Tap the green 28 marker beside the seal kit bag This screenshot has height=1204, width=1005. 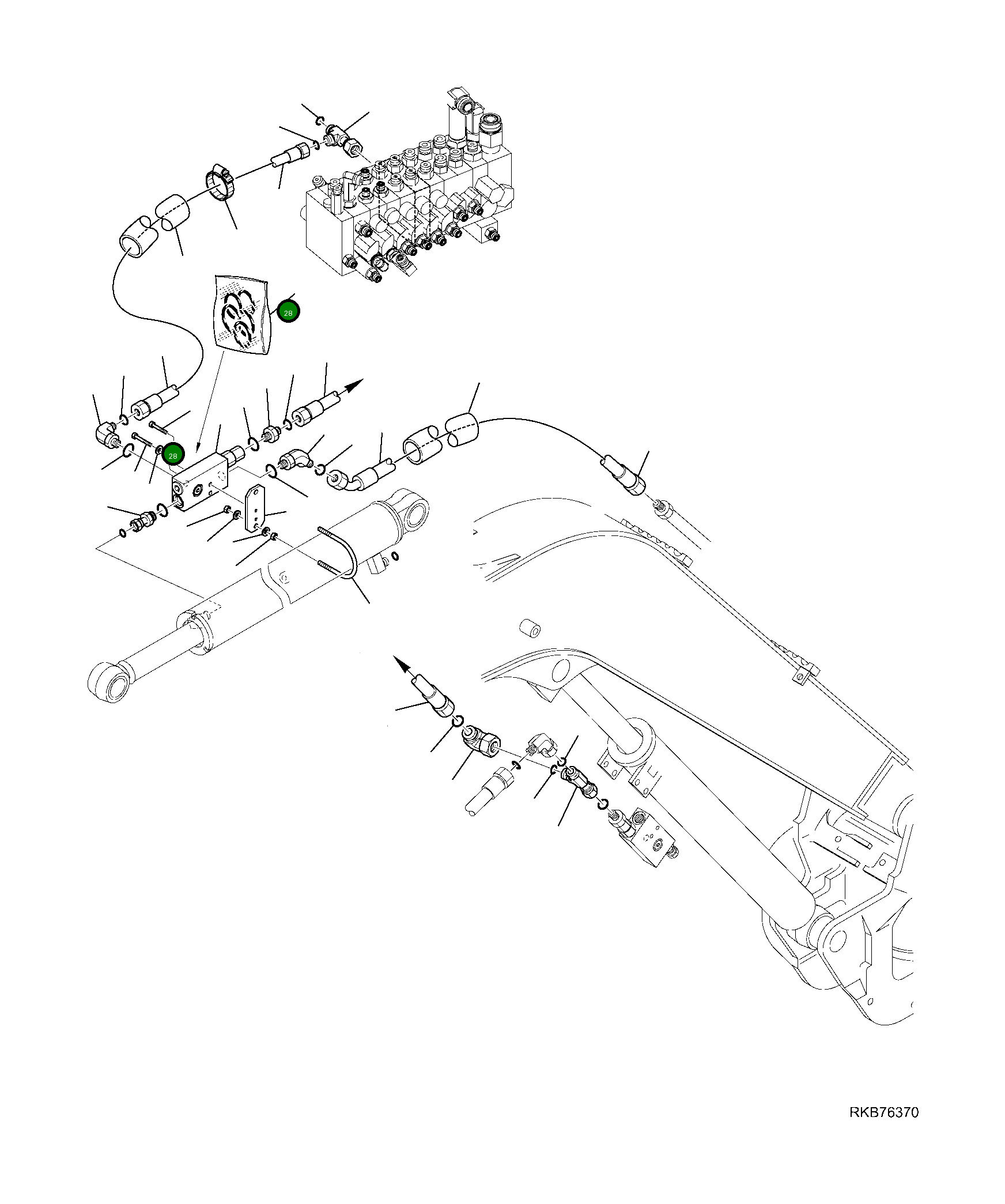[288, 312]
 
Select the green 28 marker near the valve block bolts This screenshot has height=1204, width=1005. [172, 455]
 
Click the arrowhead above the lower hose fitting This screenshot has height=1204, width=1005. [402, 665]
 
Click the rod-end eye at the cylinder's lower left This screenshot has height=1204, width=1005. [109, 681]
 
